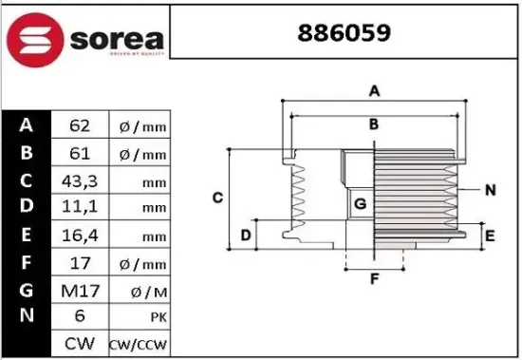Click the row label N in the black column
click(x=27, y=315)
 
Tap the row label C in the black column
click(x=27, y=180)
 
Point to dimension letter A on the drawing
click(x=375, y=91)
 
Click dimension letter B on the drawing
click(x=374, y=124)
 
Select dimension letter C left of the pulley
click(x=217, y=198)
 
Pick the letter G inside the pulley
click(x=360, y=203)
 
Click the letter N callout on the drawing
click(x=490, y=190)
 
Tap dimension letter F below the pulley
click(x=374, y=278)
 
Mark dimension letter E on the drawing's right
click(x=490, y=235)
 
